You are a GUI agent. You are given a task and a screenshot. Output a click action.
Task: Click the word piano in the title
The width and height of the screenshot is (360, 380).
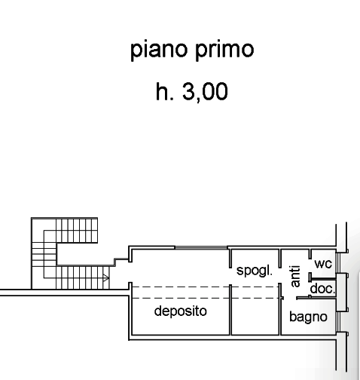pyautogui.click(x=159, y=50)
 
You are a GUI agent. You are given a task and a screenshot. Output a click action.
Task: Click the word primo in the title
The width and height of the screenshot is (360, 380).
pyautogui.click(x=224, y=50)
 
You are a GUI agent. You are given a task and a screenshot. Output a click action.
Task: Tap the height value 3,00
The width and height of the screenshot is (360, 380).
pyautogui.click(x=205, y=92)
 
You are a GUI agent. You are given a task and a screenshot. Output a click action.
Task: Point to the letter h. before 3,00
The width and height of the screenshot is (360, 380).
pyautogui.click(x=165, y=91)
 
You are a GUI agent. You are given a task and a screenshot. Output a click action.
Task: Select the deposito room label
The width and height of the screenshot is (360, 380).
pyautogui.click(x=181, y=311)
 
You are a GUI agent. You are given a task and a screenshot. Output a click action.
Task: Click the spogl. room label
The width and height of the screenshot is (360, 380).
pyautogui.click(x=255, y=271)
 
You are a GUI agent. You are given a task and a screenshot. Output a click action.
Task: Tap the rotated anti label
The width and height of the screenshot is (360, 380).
pyautogui.click(x=295, y=276)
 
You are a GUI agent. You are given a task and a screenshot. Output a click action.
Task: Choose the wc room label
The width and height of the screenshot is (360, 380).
pyautogui.click(x=323, y=264)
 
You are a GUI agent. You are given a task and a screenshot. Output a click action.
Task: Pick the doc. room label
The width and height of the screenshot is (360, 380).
pyautogui.click(x=323, y=289)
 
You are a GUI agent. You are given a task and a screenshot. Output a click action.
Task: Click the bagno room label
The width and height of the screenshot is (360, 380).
pyautogui.click(x=308, y=317)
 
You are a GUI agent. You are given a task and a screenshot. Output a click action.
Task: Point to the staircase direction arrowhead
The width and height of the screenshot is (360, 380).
pyautogui.click(x=106, y=278)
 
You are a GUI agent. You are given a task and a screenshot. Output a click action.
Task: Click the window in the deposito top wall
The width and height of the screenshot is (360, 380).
pyautogui.click(x=201, y=248)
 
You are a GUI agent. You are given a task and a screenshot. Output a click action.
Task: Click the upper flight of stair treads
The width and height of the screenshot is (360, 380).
pyautogui.click(x=77, y=231)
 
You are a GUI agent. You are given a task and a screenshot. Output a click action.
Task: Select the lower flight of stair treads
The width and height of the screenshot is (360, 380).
pyautogui.click(x=83, y=277)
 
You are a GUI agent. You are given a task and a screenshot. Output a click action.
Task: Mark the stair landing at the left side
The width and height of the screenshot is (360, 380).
pyautogui.click(x=44, y=254)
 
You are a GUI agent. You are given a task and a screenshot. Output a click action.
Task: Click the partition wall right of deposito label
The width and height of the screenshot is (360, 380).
pyautogui.click(x=230, y=310)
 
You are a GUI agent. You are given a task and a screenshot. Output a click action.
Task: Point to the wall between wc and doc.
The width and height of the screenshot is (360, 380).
pyautogui.click(x=322, y=278)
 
